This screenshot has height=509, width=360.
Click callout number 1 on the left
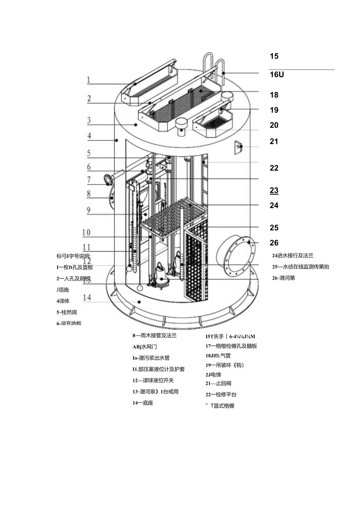point(88,80)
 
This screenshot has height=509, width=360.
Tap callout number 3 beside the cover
point(89,120)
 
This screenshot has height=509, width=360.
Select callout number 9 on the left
point(89,210)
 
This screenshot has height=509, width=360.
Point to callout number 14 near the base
point(87,298)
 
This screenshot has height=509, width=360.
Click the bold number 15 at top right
point(274,56)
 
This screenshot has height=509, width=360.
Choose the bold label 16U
point(276,75)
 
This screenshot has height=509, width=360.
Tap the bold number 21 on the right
point(274,141)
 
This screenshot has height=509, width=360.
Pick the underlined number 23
point(274,191)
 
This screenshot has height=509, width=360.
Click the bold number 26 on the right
point(274,243)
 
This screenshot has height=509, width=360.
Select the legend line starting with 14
point(142,403)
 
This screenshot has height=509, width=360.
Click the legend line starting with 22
point(221,394)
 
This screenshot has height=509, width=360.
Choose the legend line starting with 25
point(301,267)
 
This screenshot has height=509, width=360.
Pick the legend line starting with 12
point(153,380)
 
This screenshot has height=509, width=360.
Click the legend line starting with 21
point(218,383)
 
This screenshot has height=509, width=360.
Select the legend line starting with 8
point(154,335)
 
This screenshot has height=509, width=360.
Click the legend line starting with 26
point(284,278)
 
